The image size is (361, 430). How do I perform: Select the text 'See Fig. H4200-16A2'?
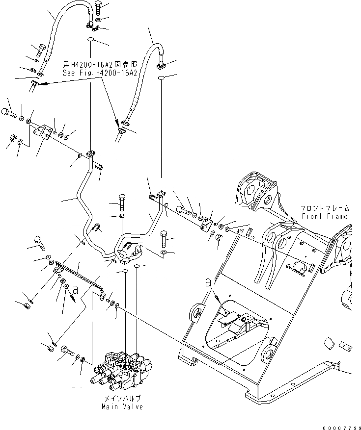[99, 73]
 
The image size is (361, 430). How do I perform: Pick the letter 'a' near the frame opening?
[208, 282]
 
